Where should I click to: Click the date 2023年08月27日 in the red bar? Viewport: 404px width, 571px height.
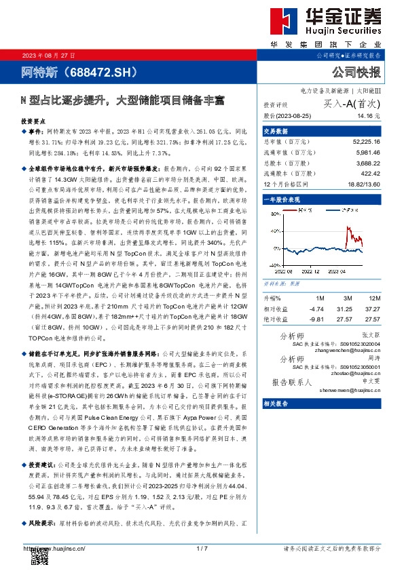(41, 55)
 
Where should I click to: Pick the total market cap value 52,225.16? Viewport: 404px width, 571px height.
(366, 141)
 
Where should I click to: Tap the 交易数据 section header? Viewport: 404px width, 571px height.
(276, 131)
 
